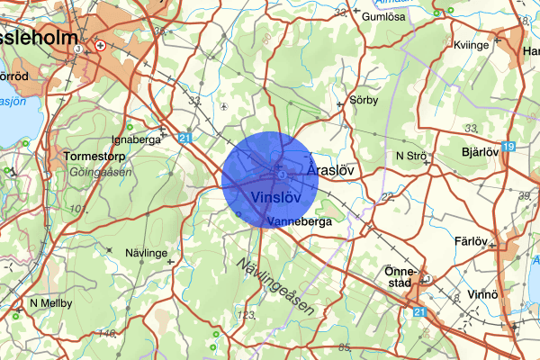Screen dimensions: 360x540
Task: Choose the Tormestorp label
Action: click(98, 156)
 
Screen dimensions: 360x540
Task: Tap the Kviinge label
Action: click(471, 45)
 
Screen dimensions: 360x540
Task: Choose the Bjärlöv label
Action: click(479, 152)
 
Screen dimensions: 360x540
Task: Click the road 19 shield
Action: click(509, 146)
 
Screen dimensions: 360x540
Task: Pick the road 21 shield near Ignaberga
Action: click(184, 138)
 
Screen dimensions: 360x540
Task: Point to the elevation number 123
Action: click(246, 315)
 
